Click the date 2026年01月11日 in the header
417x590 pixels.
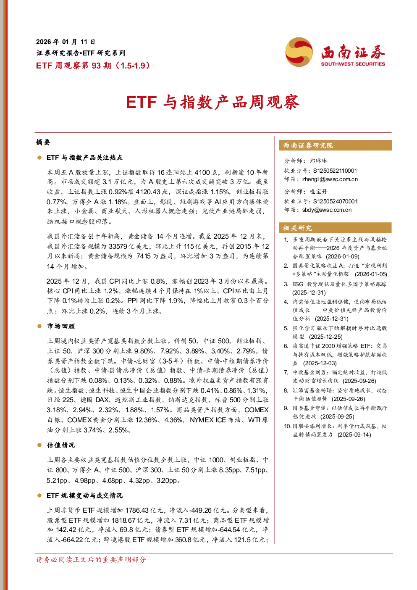point(66,42)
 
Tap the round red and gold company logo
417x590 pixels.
point(299,52)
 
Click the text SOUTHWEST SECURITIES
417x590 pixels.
point(353,64)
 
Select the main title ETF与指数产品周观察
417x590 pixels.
point(213,102)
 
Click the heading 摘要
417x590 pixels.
point(43,142)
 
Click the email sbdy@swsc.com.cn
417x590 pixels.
point(327,210)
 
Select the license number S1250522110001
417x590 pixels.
point(335,171)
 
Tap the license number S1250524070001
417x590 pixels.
point(335,201)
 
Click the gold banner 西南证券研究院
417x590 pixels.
point(336,145)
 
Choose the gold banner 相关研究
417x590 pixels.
point(336,228)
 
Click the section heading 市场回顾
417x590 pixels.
point(61,327)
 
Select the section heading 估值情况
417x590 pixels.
point(61,445)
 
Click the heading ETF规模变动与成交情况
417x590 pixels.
point(84,495)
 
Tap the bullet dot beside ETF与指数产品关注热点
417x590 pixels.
point(39,158)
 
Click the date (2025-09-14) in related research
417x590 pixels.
point(354,435)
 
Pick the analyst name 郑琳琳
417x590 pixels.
point(319,161)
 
